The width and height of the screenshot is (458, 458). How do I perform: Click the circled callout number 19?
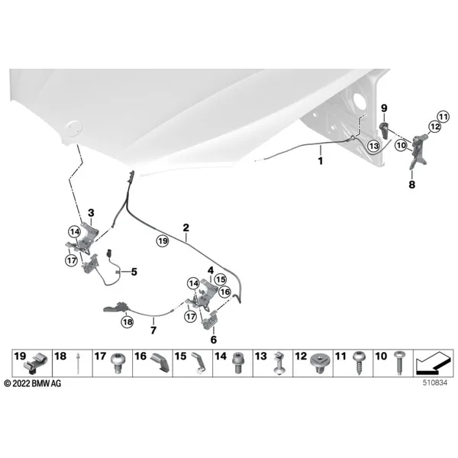(x=163, y=241)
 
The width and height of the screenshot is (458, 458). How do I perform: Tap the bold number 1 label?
(x=321, y=161)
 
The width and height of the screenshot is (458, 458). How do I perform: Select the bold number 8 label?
(x=412, y=185)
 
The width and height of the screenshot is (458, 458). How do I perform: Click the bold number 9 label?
(x=384, y=108)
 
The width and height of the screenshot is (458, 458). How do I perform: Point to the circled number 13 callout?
(x=374, y=146)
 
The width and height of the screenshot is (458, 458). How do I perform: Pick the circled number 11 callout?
(x=443, y=118)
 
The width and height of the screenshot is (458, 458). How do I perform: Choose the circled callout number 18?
(x=127, y=322)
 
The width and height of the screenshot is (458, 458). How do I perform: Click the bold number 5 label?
(x=134, y=272)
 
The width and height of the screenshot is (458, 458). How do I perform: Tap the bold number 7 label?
(x=153, y=331)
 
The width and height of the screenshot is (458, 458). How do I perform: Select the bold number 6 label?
(x=214, y=340)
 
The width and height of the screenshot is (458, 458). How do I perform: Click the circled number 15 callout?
(x=221, y=279)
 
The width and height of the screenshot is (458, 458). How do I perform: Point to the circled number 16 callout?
(x=224, y=292)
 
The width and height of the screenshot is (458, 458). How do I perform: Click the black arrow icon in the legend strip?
(x=433, y=363)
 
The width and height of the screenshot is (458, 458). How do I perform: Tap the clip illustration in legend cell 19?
(x=34, y=364)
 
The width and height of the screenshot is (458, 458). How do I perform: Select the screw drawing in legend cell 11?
(x=358, y=363)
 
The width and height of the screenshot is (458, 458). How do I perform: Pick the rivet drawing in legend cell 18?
(x=79, y=363)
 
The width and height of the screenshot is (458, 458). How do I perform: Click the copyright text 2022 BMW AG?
(x=33, y=383)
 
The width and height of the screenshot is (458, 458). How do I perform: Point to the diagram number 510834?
(x=435, y=383)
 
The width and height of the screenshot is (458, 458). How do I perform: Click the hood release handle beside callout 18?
(x=116, y=308)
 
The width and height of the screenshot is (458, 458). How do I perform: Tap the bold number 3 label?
(x=91, y=213)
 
